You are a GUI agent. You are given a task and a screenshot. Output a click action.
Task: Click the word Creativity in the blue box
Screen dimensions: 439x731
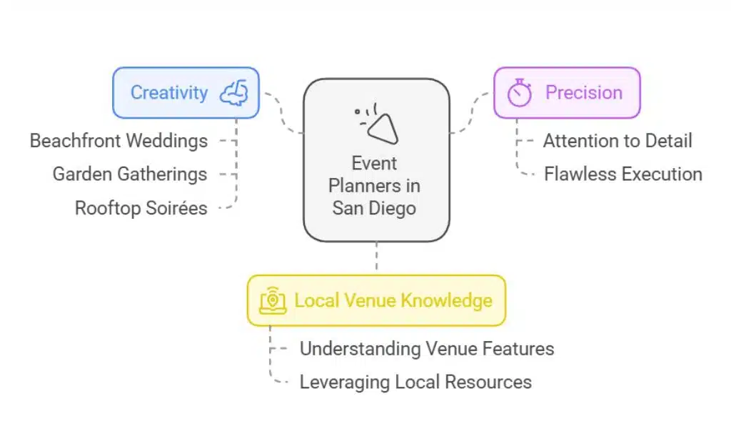tap(169, 93)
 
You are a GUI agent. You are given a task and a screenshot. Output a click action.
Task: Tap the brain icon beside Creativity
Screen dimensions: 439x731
tap(233, 93)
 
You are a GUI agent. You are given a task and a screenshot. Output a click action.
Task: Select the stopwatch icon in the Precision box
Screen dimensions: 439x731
tap(520, 93)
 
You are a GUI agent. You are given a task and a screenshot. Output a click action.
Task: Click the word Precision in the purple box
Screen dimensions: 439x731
tap(584, 93)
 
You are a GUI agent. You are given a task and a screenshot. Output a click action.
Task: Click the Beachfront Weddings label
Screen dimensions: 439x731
tap(119, 140)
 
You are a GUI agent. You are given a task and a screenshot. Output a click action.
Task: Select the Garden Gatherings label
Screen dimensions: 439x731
tap(130, 174)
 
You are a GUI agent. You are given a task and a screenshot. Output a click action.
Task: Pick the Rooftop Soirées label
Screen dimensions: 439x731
tap(141, 208)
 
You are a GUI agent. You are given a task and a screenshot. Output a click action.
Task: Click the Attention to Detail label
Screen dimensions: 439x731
tap(617, 140)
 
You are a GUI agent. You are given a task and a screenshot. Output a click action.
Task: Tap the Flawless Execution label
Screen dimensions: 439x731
tap(622, 174)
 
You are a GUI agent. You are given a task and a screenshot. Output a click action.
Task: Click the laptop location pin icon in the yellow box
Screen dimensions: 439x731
tap(273, 300)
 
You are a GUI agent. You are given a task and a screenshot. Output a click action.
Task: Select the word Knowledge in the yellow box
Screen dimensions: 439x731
tap(446, 300)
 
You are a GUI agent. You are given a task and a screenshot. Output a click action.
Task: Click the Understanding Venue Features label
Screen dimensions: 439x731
tap(426, 349)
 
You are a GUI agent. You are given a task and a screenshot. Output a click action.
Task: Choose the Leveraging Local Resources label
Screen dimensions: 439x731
tap(415, 382)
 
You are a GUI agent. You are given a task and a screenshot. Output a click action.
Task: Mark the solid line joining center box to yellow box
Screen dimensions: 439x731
tap(377, 258)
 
